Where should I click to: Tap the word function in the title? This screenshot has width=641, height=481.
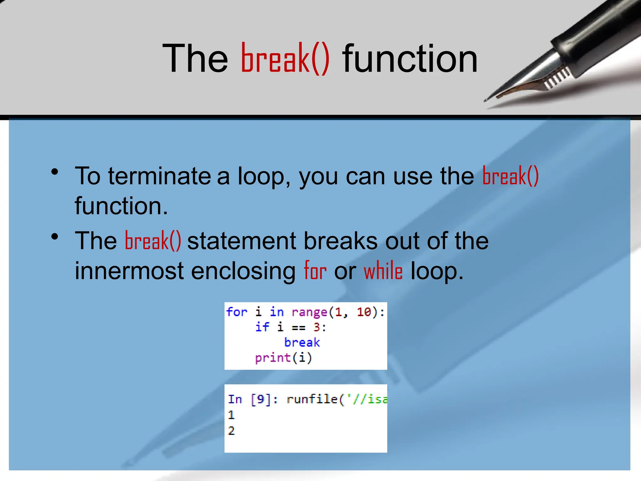[410, 59]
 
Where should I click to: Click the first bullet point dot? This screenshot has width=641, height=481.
[55, 172]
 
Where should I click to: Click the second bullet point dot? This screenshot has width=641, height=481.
[55, 237]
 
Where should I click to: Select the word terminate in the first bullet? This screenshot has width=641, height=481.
[160, 176]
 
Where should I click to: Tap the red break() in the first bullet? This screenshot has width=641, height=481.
[510, 176]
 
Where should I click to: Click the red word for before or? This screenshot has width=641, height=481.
[315, 271]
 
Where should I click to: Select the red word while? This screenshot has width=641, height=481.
[383, 271]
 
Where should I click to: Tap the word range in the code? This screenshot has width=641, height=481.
[309, 312]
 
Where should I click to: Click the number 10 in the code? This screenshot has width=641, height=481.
[364, 312]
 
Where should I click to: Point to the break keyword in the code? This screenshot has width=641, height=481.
[302, 342]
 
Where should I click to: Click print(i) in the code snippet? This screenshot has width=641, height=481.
[284, 358]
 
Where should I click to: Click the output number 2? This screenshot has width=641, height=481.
[231, 431]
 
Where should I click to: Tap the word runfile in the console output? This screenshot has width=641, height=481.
[312, 399]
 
